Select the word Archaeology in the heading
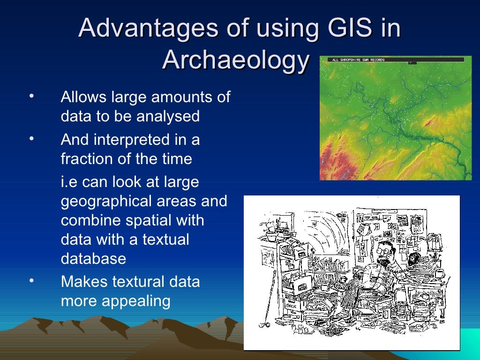click(236, 60)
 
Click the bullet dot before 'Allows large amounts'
click(31, 97)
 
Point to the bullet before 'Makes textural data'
click(31, 281)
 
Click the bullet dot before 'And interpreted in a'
click(31, 139)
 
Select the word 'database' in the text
click(93, 259)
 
